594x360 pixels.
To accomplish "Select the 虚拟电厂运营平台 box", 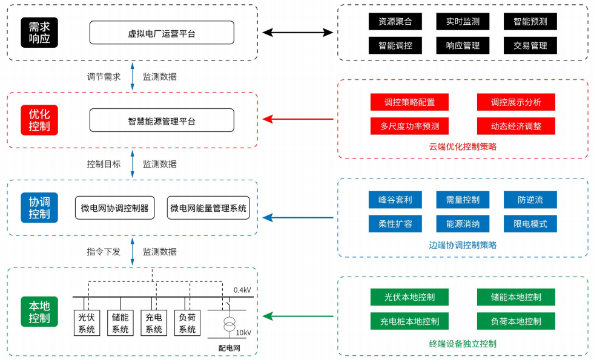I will (162, 33).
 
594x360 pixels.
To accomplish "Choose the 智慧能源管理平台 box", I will (162, 120).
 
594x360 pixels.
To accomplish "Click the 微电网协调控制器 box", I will (115, 208).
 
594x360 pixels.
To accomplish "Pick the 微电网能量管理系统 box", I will (208, 208).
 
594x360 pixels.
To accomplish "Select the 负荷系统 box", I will (187, 323).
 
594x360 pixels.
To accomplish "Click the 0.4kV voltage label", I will (242, 290).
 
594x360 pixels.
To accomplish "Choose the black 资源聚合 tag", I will (395, 21).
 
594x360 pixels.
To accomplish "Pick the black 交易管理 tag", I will (530, 45).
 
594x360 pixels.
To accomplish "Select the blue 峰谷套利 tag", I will (395, 200).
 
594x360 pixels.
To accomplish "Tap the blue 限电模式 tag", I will (530, 224).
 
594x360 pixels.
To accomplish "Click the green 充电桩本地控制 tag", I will (409, 321).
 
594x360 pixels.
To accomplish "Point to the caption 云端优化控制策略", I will (463, 146).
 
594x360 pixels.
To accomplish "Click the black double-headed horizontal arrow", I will (297, 33).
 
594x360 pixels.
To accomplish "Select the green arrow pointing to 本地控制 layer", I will (297, 316).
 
